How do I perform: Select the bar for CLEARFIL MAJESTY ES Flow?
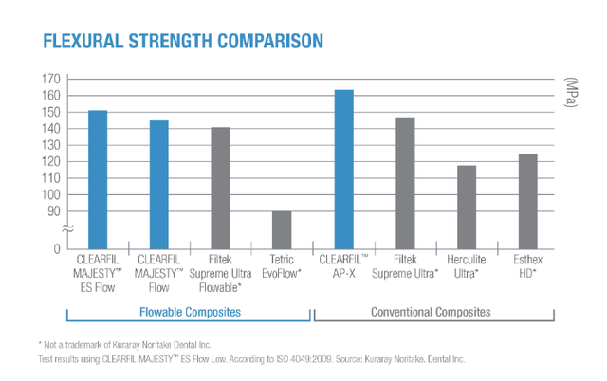(x=98, y=179)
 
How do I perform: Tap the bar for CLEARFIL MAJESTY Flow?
(x=158, y=185)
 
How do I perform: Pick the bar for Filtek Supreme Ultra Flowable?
(x=220, y=188)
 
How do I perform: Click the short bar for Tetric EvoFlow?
(x=282, y=229)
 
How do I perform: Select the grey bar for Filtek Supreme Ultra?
(x=405, y=183)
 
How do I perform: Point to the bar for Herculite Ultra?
(x=467, y=207)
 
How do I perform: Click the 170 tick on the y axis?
(x=50, y=79)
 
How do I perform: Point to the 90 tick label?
(x=54, y=210)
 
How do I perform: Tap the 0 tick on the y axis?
(x=57, y=248)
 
